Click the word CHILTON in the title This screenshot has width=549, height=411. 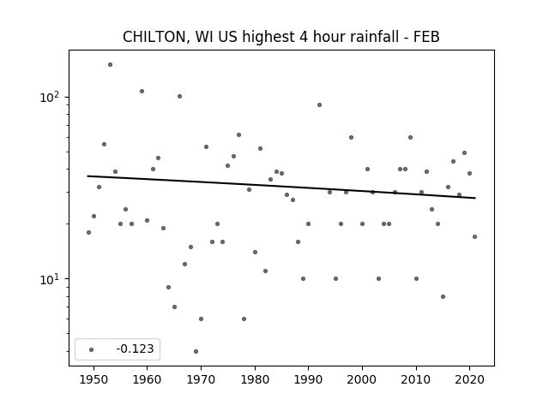(x=154, y=37)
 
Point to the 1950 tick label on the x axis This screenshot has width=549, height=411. (x=94, y=380)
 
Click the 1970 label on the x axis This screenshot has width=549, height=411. (x=201, y=380)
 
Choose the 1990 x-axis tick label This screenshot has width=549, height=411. (x=308, y=380)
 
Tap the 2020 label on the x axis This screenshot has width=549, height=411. (x=469, y=380)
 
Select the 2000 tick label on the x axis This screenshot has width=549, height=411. (x=362, y=380)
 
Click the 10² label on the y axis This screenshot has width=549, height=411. (x=51, y=97)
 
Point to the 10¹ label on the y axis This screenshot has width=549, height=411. (x=51, y=279)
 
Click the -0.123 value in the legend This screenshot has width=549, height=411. (x=135, y=348)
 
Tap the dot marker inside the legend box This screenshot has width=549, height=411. (x=92, y=349)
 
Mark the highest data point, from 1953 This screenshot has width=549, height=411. (x=110, y=65)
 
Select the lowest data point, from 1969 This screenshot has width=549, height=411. (x=196, y=351)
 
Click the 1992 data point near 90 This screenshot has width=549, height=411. (x=319, y=104)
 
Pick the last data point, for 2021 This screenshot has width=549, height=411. (x=474, y=236)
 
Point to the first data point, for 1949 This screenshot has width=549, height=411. (x=88, y=232)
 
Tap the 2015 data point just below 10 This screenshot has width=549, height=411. (x=443, y=297)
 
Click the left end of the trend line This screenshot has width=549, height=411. (x=87, y=176)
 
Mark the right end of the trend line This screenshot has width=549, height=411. (x=475, y=198)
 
